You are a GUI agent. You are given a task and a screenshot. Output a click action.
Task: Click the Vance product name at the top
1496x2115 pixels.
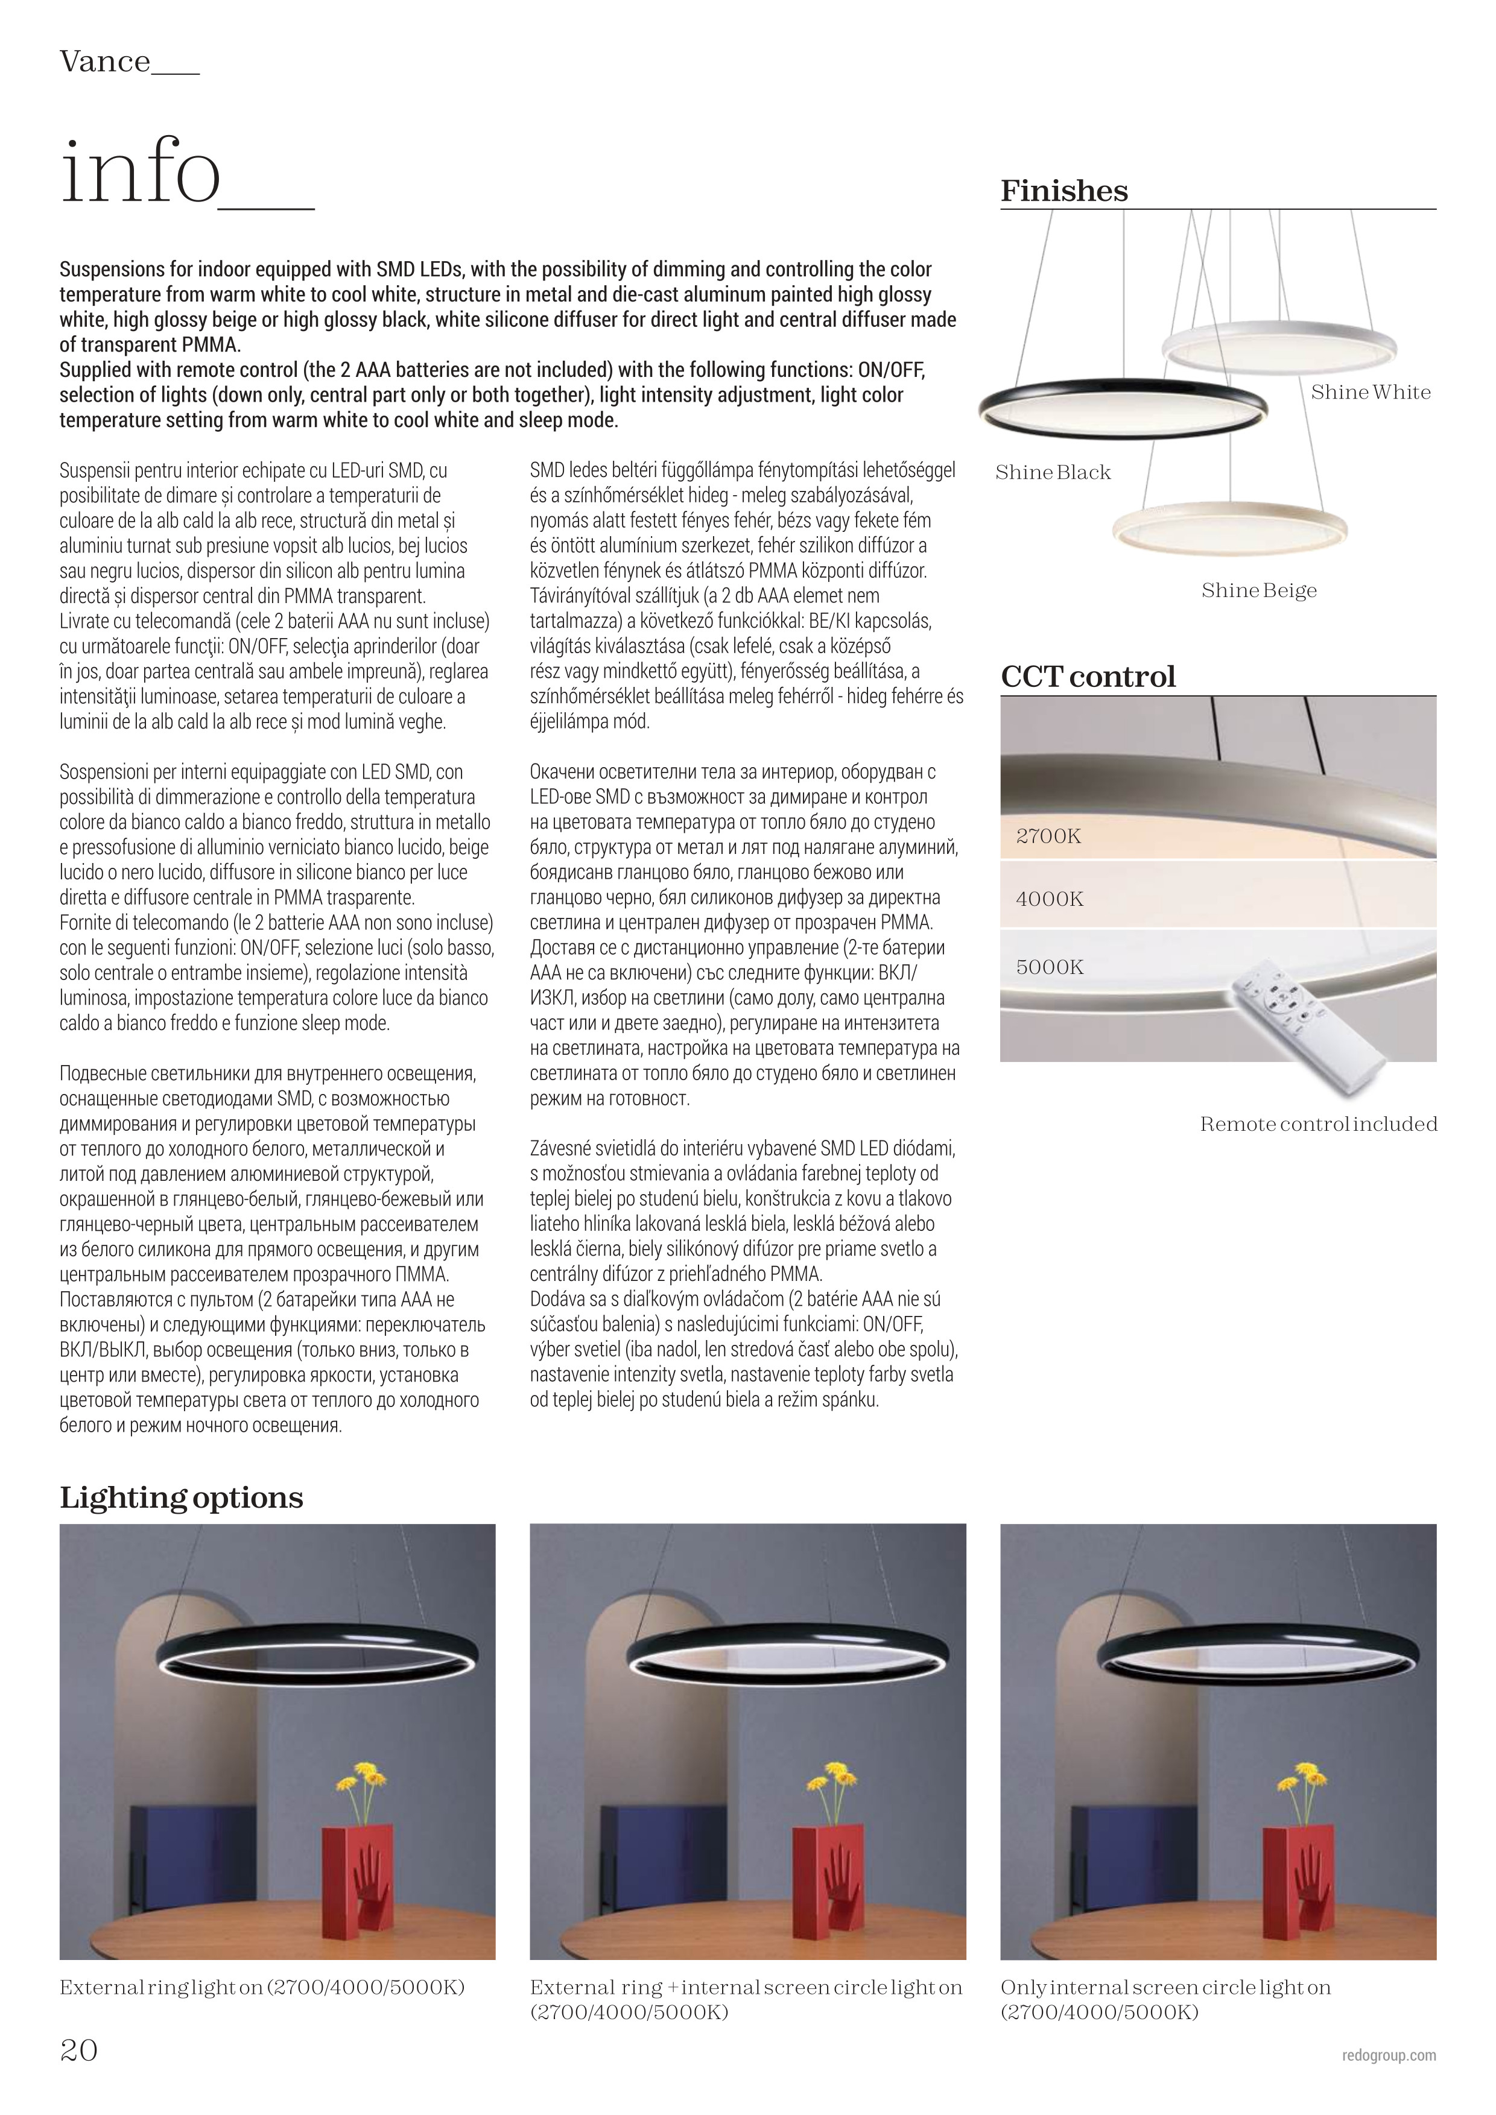(104, 62)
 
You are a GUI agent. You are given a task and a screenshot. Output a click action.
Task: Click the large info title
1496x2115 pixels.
(141, 171)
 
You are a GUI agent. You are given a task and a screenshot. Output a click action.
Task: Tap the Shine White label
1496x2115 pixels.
(1371, 393)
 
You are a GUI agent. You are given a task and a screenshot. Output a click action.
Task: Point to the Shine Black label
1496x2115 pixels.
(1053, 473)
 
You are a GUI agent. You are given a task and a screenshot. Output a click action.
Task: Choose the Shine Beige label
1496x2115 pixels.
(1258, 590)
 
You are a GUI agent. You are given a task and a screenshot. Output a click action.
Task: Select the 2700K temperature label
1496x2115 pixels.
(1048, 836)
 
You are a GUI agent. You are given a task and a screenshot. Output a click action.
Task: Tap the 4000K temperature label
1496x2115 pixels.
(1049, 899)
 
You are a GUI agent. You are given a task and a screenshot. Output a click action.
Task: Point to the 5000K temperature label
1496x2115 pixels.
(1049, 967)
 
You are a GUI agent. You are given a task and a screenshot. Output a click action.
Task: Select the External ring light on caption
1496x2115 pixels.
(262, 1987)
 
